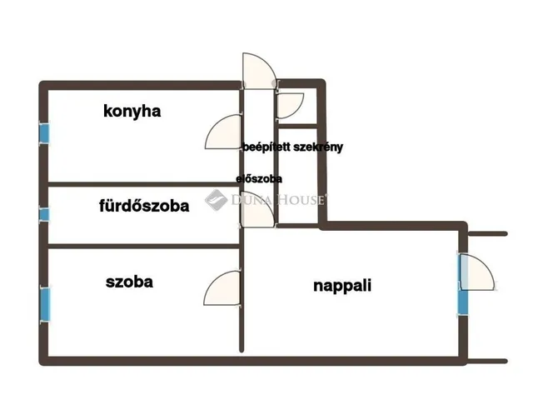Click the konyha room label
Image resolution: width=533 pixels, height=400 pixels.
pyautogui.click(x=132, y=112)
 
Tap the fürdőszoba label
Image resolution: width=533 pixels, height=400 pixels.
pyautogui.click(x=144, y=206)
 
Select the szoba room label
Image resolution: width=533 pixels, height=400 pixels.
pyautogui.click(x=129, y=282)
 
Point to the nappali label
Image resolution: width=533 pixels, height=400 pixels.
pyautogui.click(x=342, y=286)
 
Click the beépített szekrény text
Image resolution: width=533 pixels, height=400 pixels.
pyautogui.click(x=292, y=147)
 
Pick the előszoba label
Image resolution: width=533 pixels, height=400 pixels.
pyautogui.click(x=259, y=179)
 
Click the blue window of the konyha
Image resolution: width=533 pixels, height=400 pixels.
pyautogui.click(x=44, y=133)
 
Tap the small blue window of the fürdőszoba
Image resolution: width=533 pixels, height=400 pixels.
pyautogui.click(x=44, y=215)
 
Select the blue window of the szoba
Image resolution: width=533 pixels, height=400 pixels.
pyautogui.click(x=45, y=305)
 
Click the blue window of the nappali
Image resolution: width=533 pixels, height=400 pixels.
pyautogui.click(x=463, y=302)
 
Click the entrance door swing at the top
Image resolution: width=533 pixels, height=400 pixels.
pyautogui.click(x=259, y=71)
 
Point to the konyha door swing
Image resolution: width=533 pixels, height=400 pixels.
pyautogui.click(x=223, y=132)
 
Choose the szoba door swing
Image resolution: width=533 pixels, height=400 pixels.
pyautogui.click(x=222, y=288)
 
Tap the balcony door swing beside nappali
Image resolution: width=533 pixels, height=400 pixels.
pyautogui.click(x=477, y=272)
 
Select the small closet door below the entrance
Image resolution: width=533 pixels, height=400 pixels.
pyautogui.click(x=291, y=106)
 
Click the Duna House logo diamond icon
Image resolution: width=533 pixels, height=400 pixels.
pyautogui.click(x=217, y=200)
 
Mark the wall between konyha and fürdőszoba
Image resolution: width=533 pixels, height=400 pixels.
pyautogui.click(x=144, y=184)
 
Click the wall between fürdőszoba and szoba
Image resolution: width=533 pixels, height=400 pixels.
pyautogui.click(x=144, y=246)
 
